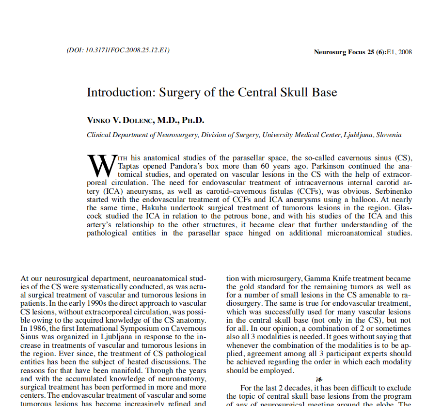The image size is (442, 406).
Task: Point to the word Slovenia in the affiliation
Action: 389,135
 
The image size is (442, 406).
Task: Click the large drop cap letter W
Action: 100,165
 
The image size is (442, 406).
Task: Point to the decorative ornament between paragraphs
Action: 318,379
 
